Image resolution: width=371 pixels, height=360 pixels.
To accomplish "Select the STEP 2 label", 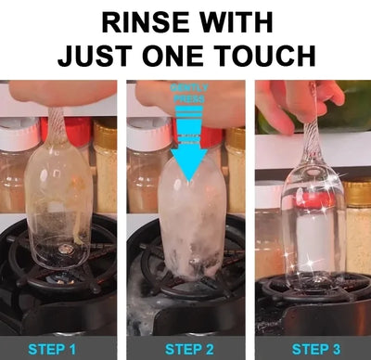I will [185, 349].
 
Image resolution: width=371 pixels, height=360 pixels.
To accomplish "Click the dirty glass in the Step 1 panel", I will [58, 204].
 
